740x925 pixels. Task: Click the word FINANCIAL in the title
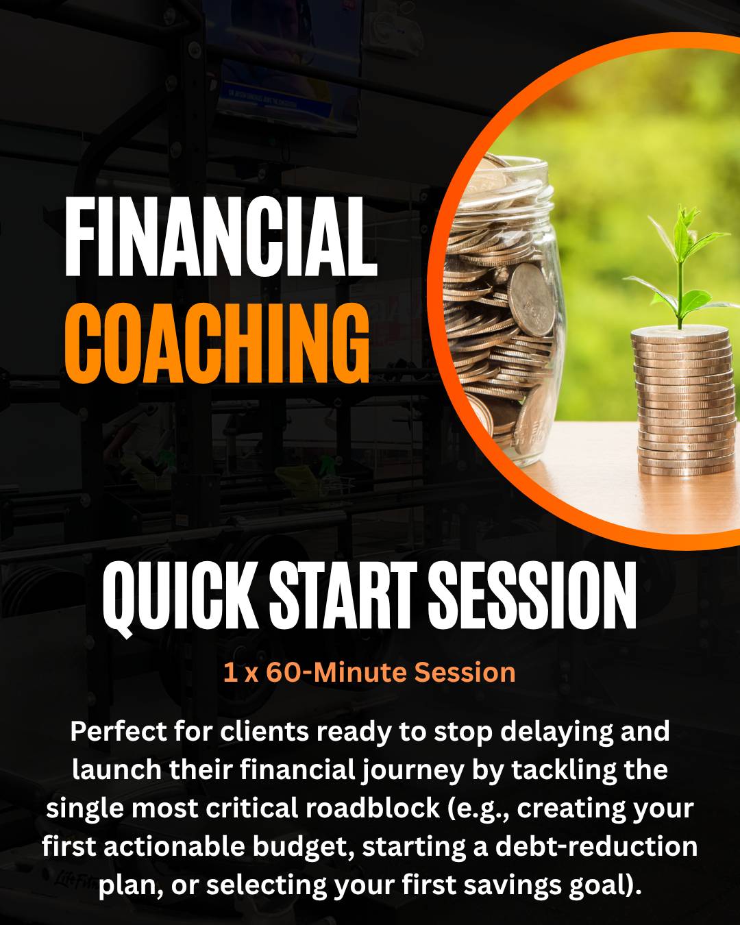click(221, 237)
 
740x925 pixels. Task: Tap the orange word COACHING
click(217, 343)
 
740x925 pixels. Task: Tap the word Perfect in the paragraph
click(119, 731)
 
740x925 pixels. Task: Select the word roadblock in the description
click(373, 809)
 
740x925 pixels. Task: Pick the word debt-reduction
click(596, 847)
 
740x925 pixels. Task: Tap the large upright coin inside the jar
click(532, 300)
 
